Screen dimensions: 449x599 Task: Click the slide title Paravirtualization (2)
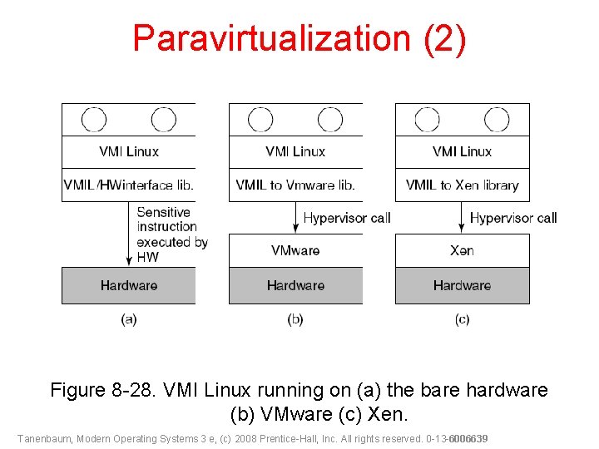(299, 38)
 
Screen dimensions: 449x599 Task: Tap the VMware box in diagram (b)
(295, 250)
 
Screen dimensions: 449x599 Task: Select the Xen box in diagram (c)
(462, 250)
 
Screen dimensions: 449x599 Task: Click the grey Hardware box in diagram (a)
(129, 285)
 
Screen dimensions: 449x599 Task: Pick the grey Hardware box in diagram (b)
(295, 285)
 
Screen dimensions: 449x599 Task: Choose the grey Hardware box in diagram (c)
(462, 285)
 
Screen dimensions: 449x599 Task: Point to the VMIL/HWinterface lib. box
(129, 185)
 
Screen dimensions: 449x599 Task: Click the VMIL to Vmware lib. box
(295, 185)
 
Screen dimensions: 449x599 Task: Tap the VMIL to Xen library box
(462, 185)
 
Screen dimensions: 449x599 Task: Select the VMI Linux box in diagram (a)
(129, 151)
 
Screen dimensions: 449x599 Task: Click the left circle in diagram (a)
(94, 120)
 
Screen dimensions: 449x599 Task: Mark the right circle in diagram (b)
(330, 120)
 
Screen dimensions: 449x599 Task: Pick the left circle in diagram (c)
(427, 120)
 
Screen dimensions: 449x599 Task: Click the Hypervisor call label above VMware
(346, 218)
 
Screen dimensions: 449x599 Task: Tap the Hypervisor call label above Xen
(513, 218)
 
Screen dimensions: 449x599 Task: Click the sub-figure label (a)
(129, 319)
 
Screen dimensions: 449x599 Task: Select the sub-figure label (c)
(462, 319)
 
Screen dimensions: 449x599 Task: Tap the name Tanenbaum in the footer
(43, 438)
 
